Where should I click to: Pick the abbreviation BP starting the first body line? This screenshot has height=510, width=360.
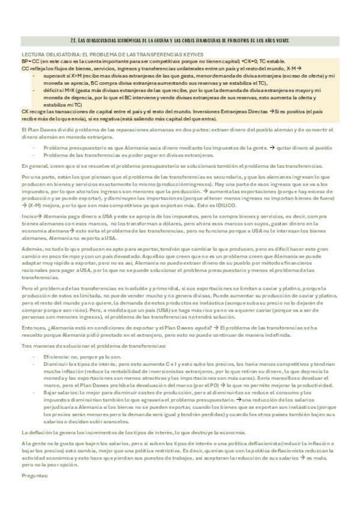[25, 61]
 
